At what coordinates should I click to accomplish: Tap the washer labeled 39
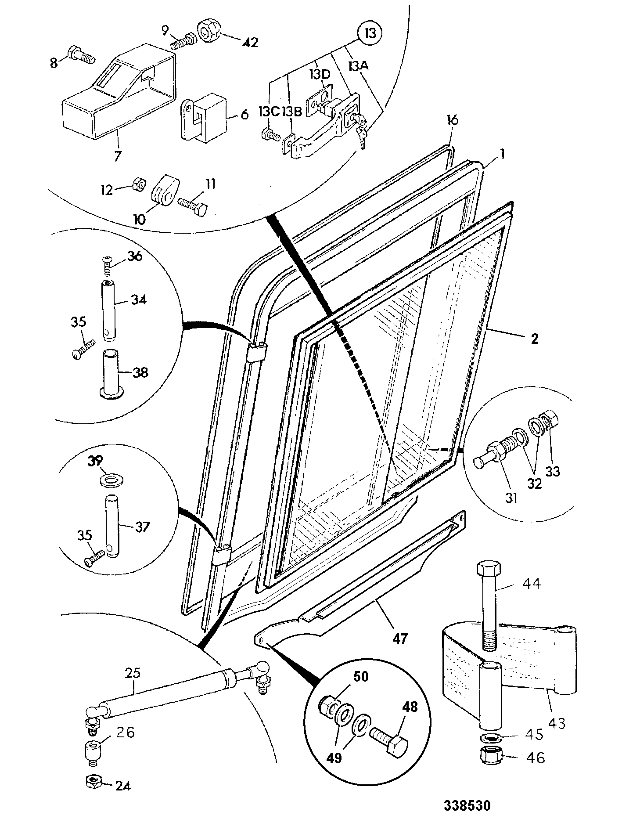coord(112,480)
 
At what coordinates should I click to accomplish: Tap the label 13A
coord(359,66)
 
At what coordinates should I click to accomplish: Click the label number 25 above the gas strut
coord(132,672)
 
